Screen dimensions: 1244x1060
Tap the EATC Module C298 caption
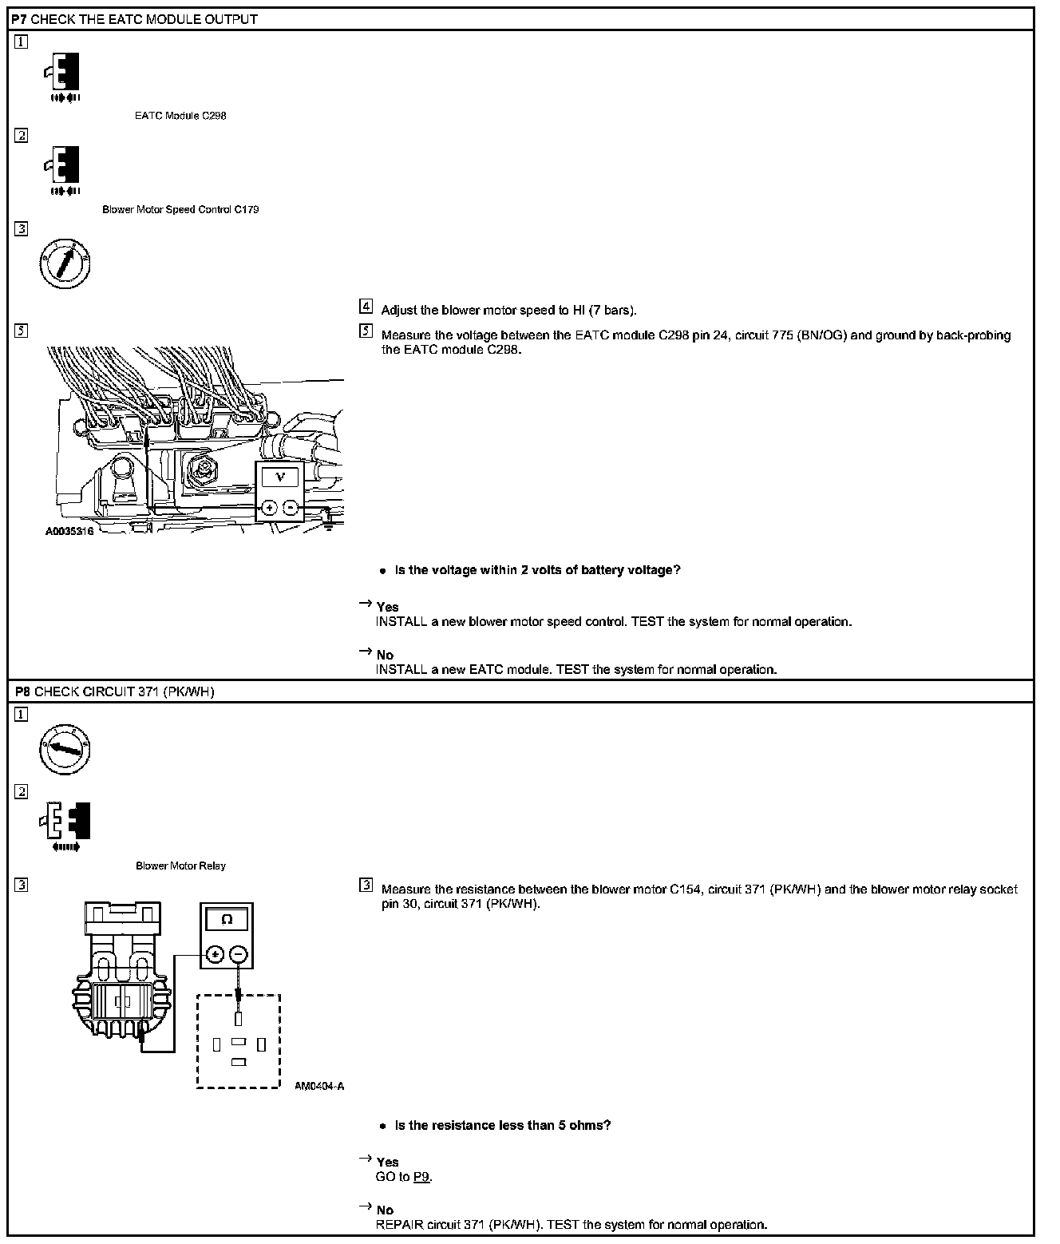[180, 116]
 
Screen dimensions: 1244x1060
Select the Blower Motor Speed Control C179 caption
[180, 210]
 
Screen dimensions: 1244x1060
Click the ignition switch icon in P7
[65, 263]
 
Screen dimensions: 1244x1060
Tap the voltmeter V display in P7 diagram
[279, 477]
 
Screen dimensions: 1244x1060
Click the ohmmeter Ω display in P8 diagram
[227, 920]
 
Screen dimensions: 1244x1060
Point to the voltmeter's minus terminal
[291, 508]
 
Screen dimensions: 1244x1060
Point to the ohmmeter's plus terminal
[215, 953]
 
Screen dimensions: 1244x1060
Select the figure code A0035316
[69, 531]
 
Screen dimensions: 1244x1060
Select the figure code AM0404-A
[319, 1086]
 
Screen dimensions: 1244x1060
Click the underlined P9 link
[422, 1177]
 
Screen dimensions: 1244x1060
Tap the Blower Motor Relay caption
[180, 866]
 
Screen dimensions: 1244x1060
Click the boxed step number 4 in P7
[366, 307]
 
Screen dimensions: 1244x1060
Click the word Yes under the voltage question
[387, 607]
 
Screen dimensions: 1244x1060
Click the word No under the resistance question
[385, 1210]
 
